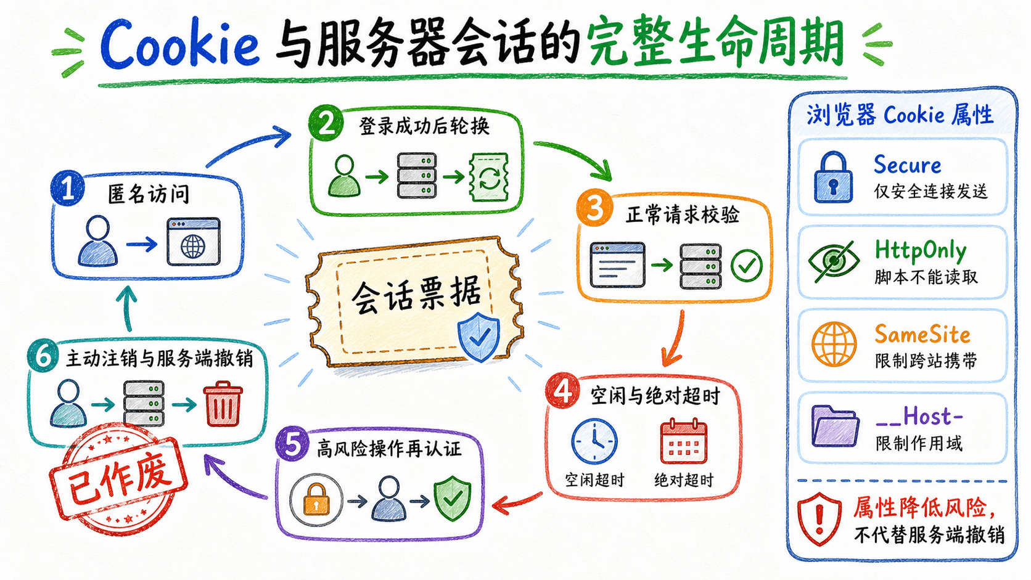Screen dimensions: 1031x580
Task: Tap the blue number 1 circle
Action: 68,188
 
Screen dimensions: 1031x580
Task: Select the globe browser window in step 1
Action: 194,242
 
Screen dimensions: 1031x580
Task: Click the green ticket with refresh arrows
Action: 488,178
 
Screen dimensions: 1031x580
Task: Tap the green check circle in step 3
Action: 746,266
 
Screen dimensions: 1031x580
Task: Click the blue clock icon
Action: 594,441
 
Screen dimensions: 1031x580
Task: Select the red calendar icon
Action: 683,441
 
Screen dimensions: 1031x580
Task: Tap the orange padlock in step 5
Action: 316,499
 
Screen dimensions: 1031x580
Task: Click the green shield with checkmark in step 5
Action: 453,499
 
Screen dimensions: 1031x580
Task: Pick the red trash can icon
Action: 223,403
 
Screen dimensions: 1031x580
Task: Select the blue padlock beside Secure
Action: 833,178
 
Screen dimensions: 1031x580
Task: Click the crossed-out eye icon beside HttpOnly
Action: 834,261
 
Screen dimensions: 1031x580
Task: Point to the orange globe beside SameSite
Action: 834,344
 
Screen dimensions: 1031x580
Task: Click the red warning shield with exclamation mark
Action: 819,519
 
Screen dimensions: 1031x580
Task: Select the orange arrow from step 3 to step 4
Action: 675,340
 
